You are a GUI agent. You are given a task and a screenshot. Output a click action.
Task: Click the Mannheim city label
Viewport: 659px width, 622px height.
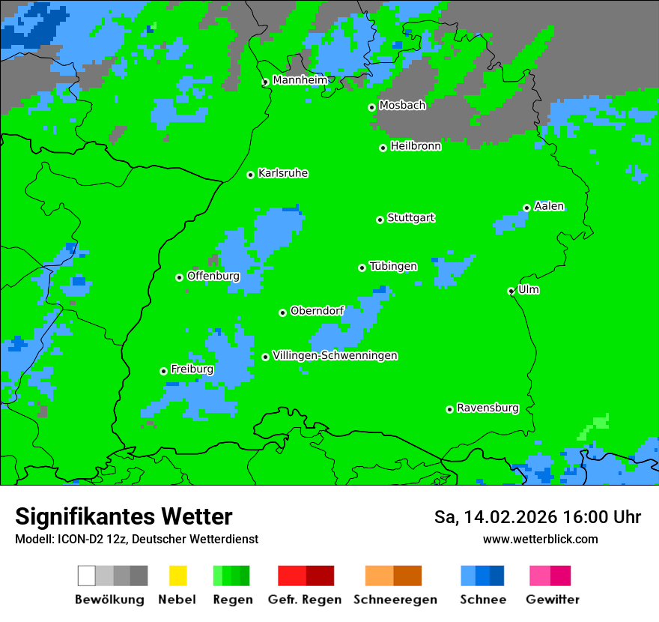300,80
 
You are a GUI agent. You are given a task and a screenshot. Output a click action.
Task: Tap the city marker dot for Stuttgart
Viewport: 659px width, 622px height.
380,220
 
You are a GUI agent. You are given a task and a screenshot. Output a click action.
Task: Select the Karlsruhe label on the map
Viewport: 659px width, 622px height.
283,173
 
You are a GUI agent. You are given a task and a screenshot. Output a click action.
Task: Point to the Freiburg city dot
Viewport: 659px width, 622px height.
163,371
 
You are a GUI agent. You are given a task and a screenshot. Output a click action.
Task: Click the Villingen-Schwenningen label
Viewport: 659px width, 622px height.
335,355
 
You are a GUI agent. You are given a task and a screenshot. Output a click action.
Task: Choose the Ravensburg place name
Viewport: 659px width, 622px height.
488,408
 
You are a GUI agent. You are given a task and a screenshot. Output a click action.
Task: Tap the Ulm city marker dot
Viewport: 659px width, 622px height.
511,291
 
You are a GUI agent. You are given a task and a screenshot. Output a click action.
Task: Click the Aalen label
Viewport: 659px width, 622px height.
549,206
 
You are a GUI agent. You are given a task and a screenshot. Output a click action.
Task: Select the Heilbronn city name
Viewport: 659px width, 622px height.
416,146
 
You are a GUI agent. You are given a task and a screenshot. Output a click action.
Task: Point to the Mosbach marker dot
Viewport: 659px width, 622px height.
371,107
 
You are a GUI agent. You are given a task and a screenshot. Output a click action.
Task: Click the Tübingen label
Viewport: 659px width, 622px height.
393,266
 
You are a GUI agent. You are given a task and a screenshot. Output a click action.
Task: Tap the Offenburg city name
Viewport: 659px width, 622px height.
213,276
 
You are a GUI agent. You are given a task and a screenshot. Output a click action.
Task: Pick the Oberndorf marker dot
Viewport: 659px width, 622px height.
282,312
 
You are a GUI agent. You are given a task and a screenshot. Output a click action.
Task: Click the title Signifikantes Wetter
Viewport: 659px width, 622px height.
124,516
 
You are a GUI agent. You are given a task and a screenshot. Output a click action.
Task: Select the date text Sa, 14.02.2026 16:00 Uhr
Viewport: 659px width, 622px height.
538,517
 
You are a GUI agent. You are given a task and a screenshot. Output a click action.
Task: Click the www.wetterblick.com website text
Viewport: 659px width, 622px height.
540,539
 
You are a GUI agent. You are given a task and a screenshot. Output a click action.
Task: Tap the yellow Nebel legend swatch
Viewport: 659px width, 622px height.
177,576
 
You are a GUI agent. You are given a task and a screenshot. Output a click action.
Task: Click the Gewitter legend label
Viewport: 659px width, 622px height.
553,600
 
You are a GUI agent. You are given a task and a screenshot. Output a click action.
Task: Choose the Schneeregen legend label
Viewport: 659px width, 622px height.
395,600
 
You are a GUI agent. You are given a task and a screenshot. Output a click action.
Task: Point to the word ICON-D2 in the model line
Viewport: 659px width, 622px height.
79,539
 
